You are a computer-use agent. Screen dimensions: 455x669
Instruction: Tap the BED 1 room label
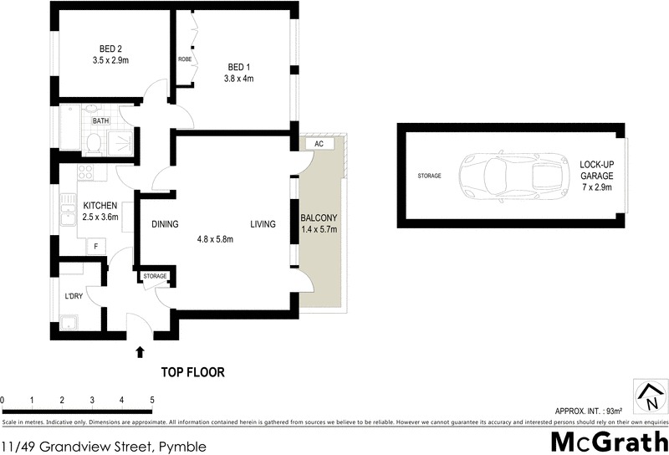tap(238, 67)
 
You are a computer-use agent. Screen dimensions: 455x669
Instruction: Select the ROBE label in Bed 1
tap(185, 59)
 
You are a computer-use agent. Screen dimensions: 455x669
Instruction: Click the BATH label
tap(100, 121)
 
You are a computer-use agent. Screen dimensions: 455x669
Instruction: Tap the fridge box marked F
tap(97, 246)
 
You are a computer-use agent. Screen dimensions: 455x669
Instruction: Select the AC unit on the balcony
tap(319, 144)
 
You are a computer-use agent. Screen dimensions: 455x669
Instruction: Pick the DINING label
tap(166, 224)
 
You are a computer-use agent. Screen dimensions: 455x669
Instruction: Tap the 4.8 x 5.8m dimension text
tap(214, 239)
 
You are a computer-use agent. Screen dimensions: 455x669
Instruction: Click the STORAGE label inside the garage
tap(429, 176)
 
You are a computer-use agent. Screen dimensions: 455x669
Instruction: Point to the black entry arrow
tap(140, 353)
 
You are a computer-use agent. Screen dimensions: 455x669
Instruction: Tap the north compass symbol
tap(648, 396)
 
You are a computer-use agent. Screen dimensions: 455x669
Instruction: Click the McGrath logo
tap(609, 440)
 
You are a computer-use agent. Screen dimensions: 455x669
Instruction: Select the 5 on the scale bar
tap(151, 401)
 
